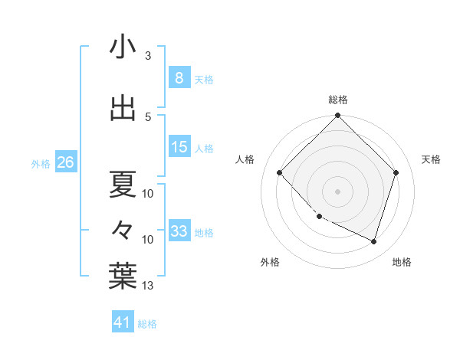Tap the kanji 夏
123,184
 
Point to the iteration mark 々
123,228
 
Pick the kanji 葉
123,277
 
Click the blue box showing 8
179,78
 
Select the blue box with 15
179,148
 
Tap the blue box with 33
179,231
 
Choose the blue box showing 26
65,162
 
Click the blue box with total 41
123,322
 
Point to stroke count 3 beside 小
147,56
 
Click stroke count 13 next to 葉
148,286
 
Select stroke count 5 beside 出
147,116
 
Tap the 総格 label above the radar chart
338,100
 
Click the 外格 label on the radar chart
270,262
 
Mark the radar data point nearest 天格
396,172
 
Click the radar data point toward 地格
373,241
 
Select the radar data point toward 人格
280,172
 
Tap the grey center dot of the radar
338,191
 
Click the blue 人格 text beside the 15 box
204,149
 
